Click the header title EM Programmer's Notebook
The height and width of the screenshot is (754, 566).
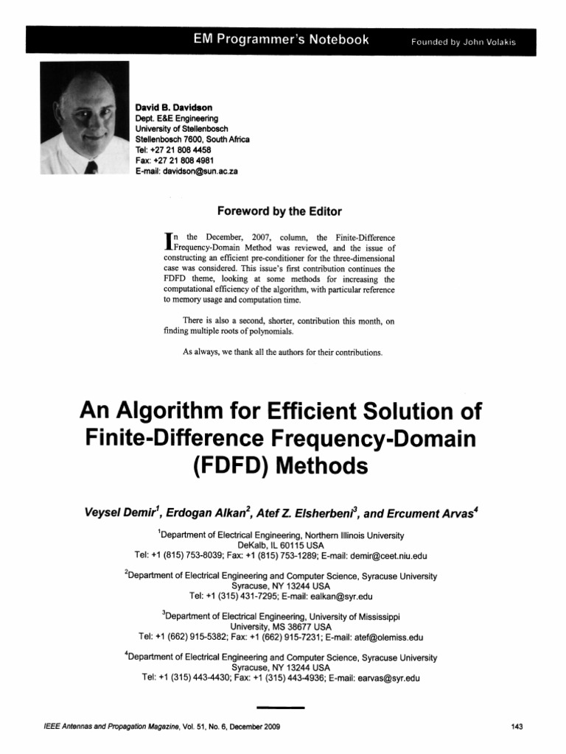click(x=277, y=40)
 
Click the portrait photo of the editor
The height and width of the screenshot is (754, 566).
click(x=85, y=118)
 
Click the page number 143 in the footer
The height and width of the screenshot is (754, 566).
click(x=516, y=727)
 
